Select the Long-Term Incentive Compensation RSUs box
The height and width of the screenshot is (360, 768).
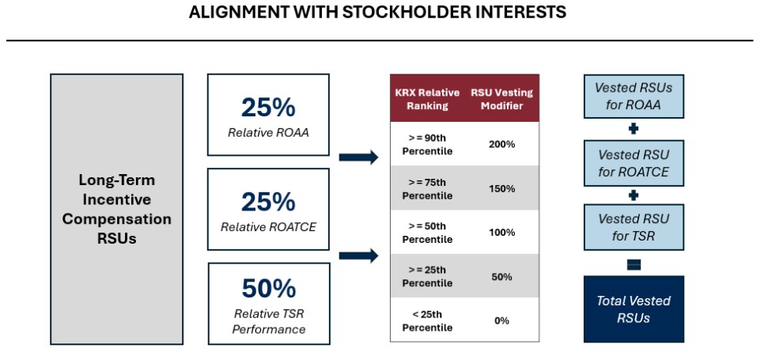point(116,208)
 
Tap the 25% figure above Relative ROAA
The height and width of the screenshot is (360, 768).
point(267,108)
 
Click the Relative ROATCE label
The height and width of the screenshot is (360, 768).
point(267,226)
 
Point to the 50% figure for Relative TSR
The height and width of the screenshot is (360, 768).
point(269,289)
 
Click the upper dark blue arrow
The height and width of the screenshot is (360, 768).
point(358,157)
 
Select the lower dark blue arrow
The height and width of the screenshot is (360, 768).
point(358,256)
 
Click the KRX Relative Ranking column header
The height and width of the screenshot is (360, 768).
point(427,99)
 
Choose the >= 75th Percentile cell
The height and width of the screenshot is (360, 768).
point(427,188)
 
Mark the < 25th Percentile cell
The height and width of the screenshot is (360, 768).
point(427,320)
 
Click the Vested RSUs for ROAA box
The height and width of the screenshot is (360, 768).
point(633,95)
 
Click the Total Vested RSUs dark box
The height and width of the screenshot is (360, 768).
point(633,309)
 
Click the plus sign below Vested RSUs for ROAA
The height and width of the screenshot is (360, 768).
point(633,128)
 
